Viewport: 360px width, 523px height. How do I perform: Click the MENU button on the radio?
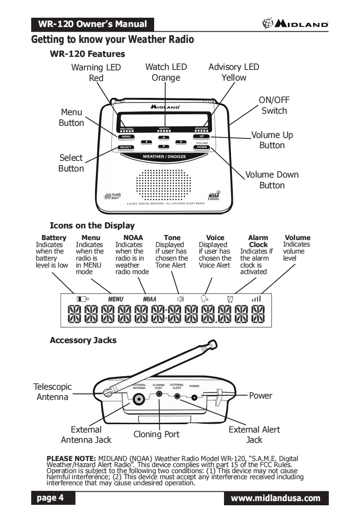pos(125,137)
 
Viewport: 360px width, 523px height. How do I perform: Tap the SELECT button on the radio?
pos(125,147)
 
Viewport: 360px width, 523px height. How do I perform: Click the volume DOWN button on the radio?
pos(202,147)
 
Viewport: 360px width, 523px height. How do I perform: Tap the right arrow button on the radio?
pos(180,141)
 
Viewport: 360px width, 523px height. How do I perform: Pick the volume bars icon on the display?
pos(256,298)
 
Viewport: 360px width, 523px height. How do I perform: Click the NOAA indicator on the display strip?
pos(149,299)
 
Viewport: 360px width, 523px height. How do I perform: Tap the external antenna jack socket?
pos(138,399)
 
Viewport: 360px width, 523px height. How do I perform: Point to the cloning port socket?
pos(159,394)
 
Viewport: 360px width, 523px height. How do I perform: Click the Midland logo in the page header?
pos(295,24)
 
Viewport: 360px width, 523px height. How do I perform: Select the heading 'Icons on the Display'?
pos(92,226)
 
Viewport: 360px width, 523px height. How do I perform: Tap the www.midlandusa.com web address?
pos(276,498)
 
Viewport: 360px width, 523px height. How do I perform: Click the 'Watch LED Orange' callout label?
pos(166,72)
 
